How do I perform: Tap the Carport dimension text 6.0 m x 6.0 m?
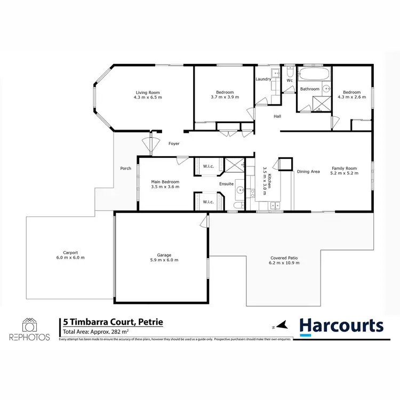pyautogui.click(x=71, y=258)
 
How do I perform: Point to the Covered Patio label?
pyautogui.click(x=284, y=258)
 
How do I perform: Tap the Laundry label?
pyautogui.click(x=263, y=79)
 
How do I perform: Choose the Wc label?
pyautogui.click(x=290, y=81)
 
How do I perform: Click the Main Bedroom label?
pyautogui.click(x=165, y=182)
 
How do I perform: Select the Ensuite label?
pyautogui.click(x=227, y=185)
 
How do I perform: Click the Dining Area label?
pyautogui.click(x=308, y=172)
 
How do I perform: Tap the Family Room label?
pyautogui.click(x=343, y=168)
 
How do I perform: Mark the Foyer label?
pyautogui.click(x=174, y=144)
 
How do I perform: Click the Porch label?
pyautogui.click(x=125, y=169)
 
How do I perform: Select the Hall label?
pyautogui.click(x=277, y=116)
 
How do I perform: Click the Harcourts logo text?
pyautogui.click(x=341, y=325)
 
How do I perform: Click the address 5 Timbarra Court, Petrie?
pyautogui.click(x=113, y=322)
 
